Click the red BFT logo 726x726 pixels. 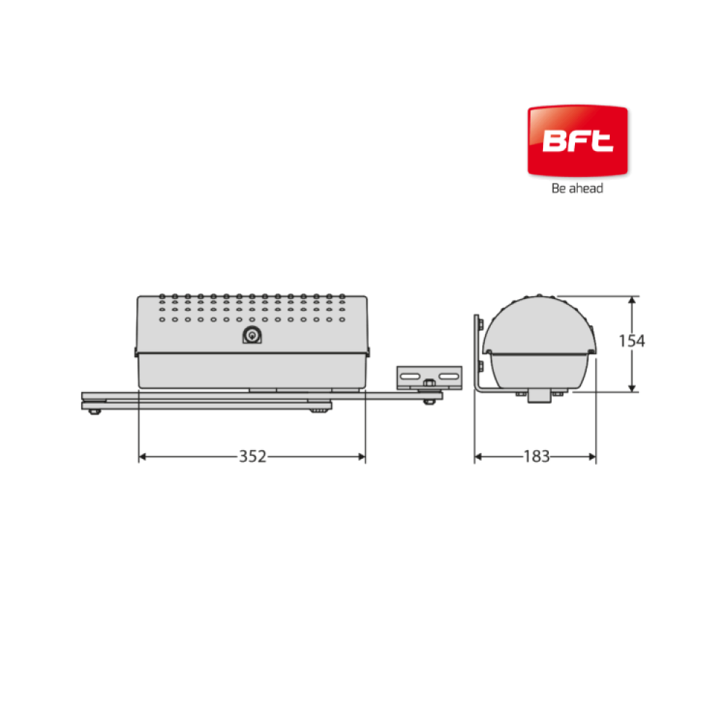pyautogui.click(x=577, y=141)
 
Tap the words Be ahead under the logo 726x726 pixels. pyautogui.click(x=577, y=188)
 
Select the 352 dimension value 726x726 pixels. pyautogui.click(x=253, y=457)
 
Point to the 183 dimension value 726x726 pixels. pyautogui.click(x=537, y=457)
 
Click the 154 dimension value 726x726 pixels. pyautogui.click(x=632, y=340)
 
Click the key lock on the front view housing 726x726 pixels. pyautogui.click(x=252, y=335)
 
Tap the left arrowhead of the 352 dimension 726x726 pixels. pyautogui.click(x=142, y=457)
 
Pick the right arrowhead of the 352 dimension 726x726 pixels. pyautogui.click(x=362, y=457)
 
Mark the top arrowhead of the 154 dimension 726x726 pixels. pyautogui.click(x=632, y=301)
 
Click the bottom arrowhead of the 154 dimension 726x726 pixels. pyautogui.click(x=632, y=388)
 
